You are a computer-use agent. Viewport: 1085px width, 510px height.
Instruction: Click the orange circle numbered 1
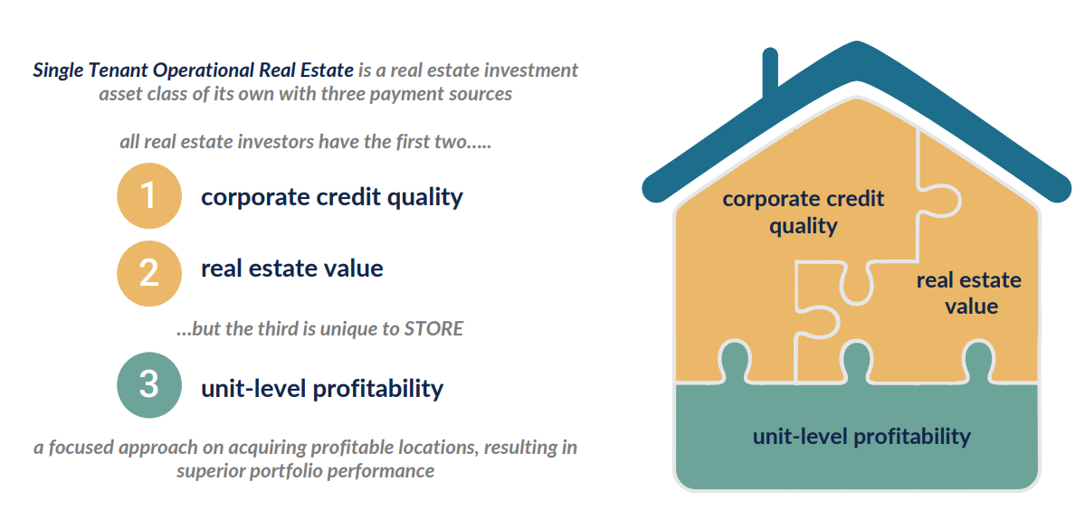click(x=148, y=196)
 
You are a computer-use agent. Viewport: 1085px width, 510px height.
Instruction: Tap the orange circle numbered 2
click(x=148, y=273)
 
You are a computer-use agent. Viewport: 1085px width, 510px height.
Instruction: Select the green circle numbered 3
click(x=148, y=385)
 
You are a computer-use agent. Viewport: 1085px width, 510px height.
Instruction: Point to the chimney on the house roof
click(x=769, y=71)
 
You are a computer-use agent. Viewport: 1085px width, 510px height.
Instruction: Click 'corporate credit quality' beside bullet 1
click(x=332, y=198)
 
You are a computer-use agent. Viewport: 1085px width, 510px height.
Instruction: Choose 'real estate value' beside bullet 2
click(x=292, y=269)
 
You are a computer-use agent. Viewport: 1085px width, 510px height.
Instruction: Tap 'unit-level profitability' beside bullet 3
click(x=322, y=388)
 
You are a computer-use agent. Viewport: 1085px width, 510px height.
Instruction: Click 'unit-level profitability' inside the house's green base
click(x=861, y=437)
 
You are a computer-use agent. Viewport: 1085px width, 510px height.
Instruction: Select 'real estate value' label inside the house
click(x=969, y=293)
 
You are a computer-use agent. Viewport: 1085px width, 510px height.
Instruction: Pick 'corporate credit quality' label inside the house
click(x=804, y=212)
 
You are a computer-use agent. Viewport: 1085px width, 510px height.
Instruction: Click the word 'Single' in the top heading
click(x=56, y=71)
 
